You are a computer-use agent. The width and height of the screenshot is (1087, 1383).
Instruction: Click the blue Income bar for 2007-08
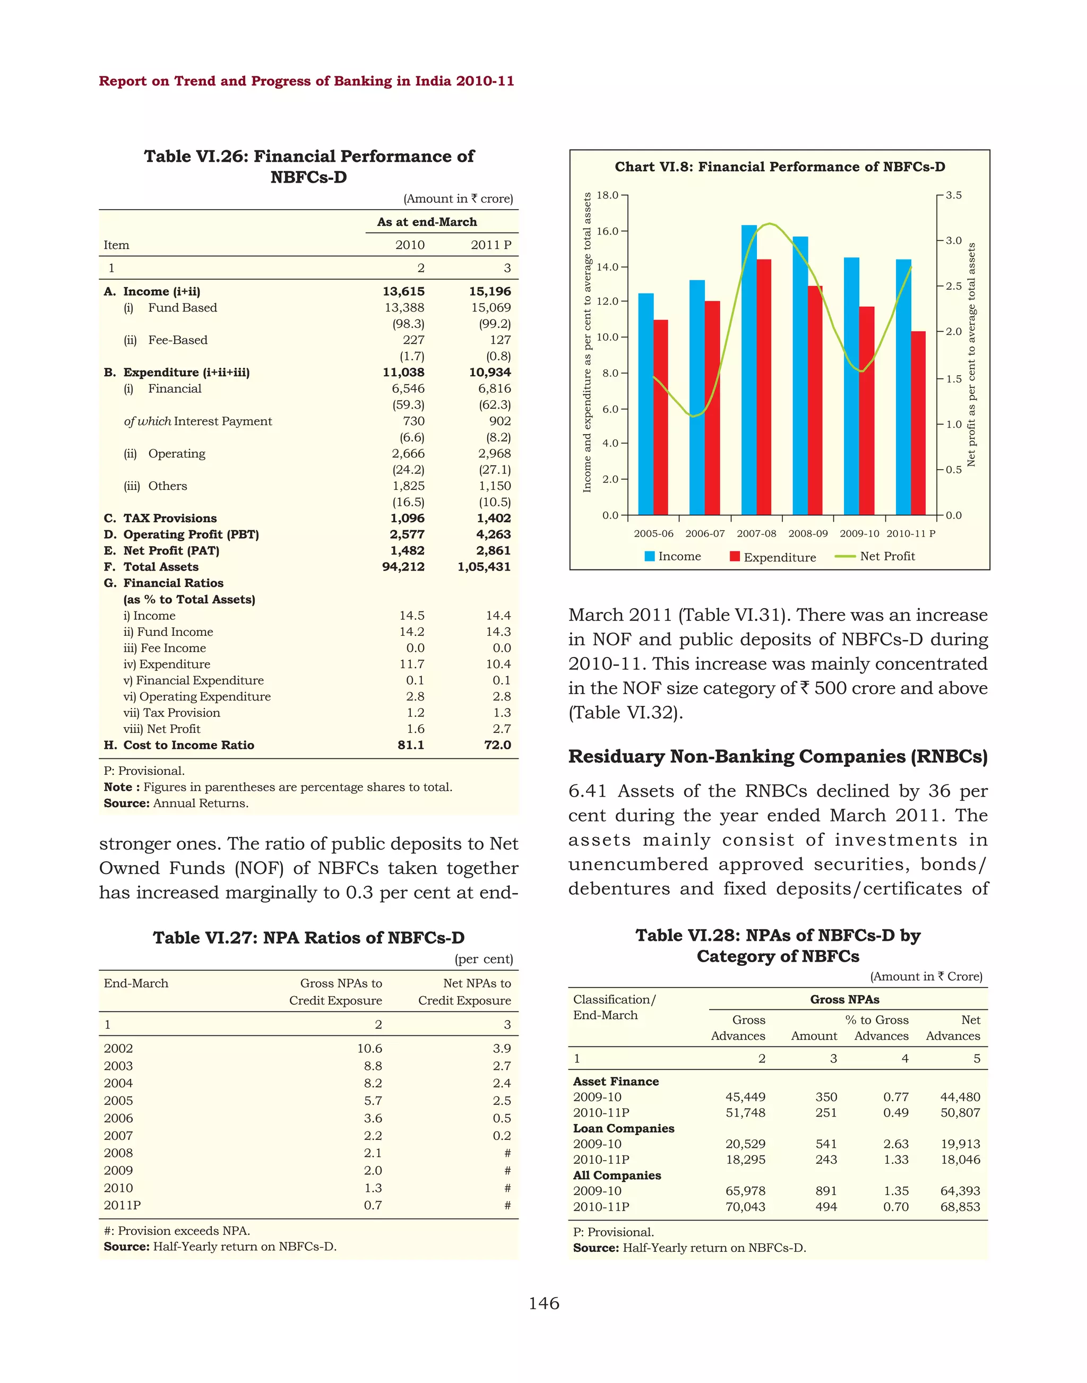pyautogui.click(x=749, y=369)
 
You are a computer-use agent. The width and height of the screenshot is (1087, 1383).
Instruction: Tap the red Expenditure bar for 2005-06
pyautogui.click(x=661, y=417)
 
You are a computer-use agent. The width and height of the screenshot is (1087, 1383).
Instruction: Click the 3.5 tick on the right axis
pyautogui.click(x=953, y=195)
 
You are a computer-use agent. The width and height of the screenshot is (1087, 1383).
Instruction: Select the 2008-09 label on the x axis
pyautogui.click(x=808, y=533)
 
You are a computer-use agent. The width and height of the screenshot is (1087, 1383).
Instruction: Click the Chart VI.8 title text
pyautogui.click(x=780, y=167)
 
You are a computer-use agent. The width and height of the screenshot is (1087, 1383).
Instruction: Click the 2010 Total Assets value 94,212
pyautogui.click(x=403, y=566)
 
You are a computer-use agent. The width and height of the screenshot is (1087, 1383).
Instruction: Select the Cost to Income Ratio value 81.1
pyautogui.click(x=411, y=745)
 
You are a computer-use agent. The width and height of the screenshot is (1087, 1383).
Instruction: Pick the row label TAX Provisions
pyautogui.click(x=170, y=518)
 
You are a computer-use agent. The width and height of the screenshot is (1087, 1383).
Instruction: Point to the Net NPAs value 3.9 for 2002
pyautogui.click(x=502, y=1048)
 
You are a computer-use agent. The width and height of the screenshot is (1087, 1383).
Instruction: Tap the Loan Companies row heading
pyautogui.click(x=624, y=1128)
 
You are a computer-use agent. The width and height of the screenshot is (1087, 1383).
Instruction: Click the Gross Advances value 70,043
pyautogui.click(x=745, y=1207)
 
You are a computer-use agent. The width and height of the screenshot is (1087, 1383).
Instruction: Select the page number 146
pyautogui.click(x=544, y=1303)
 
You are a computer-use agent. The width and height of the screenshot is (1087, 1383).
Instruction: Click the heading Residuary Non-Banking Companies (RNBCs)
pyautogui.click(x=778, y=757)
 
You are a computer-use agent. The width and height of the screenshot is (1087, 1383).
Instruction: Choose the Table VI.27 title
pyautogui.click(x=309, y=938)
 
